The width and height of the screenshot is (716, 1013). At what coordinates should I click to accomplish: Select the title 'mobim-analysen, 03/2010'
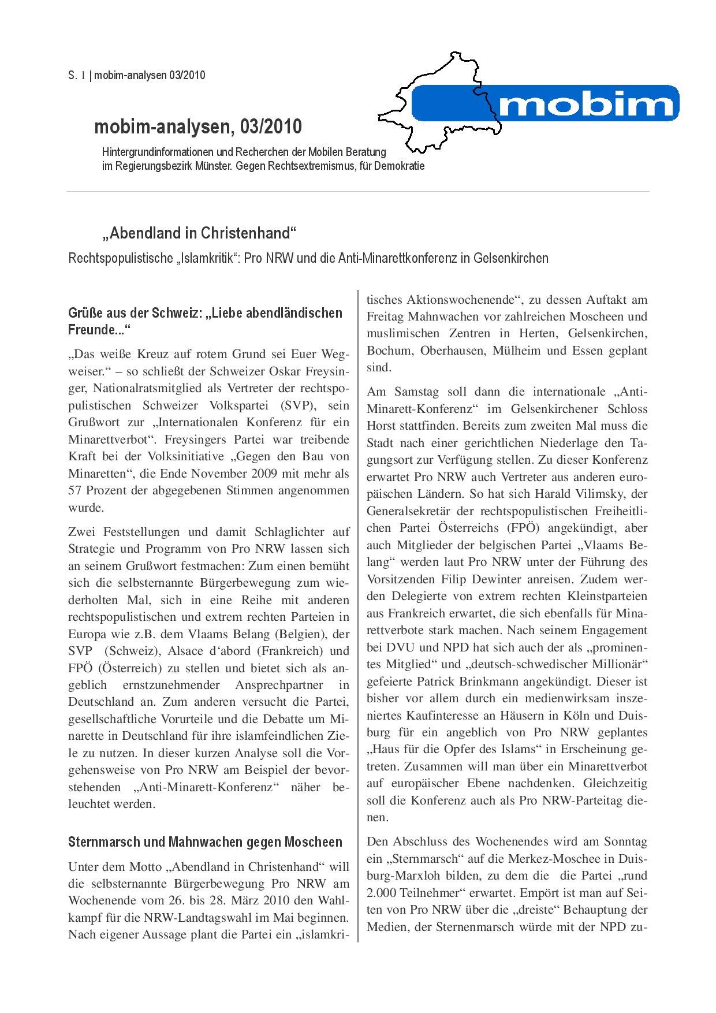(x=197, y=126)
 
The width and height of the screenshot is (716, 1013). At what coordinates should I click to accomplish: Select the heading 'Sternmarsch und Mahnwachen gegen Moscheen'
(x=205, y=841)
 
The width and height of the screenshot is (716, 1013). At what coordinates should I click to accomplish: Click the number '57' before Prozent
(x=76, y=491)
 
